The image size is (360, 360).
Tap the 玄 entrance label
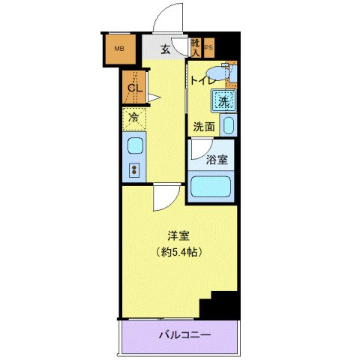164,49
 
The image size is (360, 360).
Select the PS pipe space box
208,48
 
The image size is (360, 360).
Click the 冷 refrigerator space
134,118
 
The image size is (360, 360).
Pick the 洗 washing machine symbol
223,100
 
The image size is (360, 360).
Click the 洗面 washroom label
204,127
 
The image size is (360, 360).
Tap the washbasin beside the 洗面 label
229,126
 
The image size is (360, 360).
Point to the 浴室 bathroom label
218,159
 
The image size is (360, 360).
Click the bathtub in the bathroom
211,187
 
